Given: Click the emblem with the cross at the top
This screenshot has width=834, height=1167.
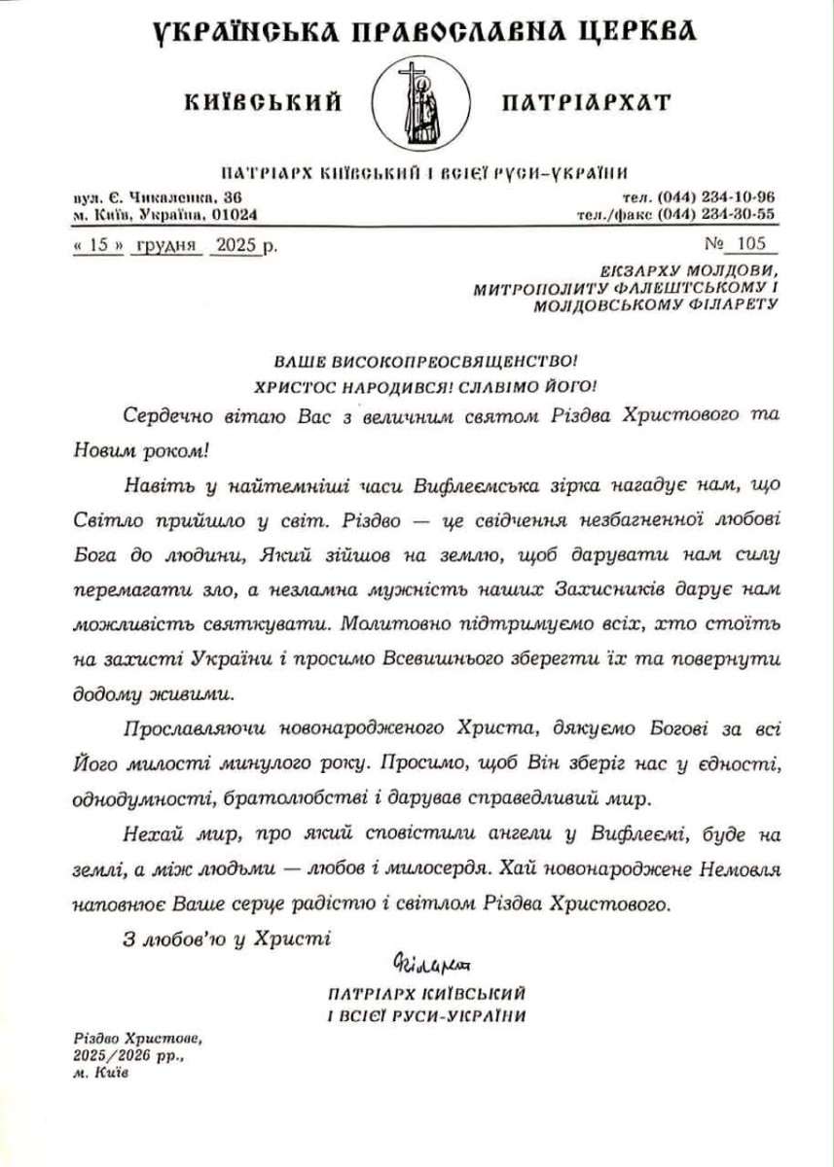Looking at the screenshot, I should [x=416, y=101].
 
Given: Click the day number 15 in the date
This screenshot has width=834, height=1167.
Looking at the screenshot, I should [x=97, y=245].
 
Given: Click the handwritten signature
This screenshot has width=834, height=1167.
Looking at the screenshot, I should [x=432, y=965].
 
